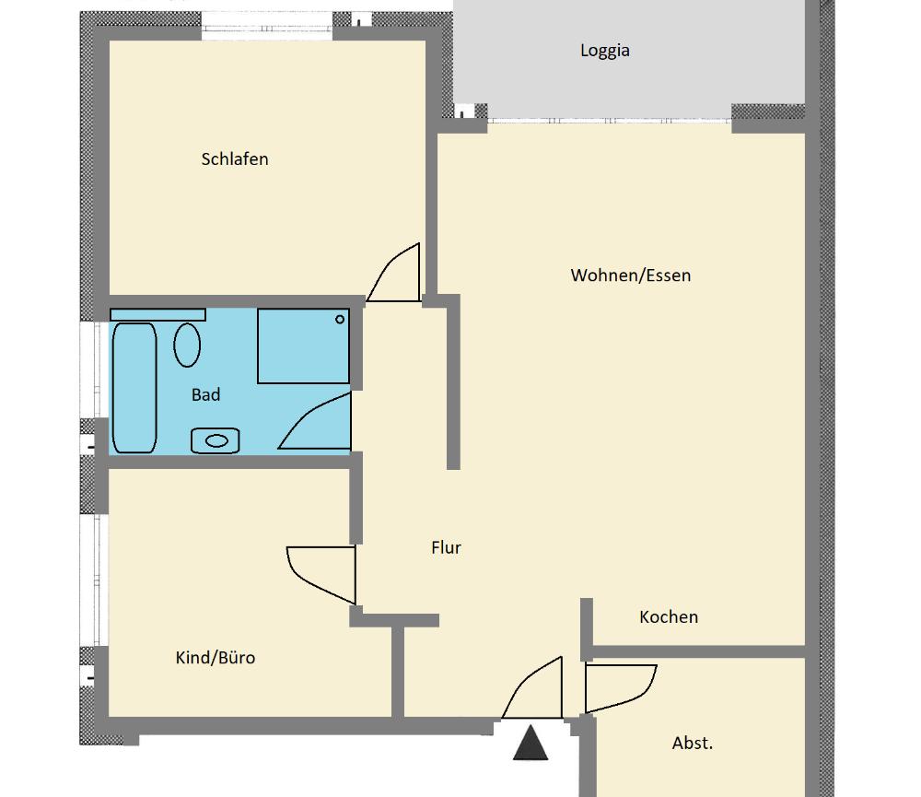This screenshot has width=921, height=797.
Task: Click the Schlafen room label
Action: point(234,159)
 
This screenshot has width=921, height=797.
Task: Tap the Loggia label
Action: point(604,51)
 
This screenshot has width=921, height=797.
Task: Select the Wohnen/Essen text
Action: point(630,275)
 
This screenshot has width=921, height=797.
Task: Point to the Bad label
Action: point(205,394)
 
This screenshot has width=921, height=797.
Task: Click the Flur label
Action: point(446,548)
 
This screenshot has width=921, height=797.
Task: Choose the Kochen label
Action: point(669,617)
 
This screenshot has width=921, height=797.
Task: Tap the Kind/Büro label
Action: point(215,657)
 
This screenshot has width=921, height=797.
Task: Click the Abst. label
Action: point(692,744)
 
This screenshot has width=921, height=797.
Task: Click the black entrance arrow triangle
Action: point(530,743)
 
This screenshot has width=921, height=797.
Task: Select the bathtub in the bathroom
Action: point(134,388)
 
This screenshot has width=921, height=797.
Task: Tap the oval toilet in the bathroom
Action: point(187,345)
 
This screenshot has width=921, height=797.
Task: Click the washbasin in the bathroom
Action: point(215,440)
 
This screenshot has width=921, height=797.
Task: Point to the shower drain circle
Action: point(340,320)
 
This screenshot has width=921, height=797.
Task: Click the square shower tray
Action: point(303,346)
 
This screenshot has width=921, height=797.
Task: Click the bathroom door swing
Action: point(315,421)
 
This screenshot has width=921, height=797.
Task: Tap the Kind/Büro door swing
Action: point(321,576)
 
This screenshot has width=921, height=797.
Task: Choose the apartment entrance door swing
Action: point(532,687)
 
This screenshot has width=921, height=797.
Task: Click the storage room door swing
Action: point(621,688)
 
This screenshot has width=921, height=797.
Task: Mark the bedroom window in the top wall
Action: point(267,27)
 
